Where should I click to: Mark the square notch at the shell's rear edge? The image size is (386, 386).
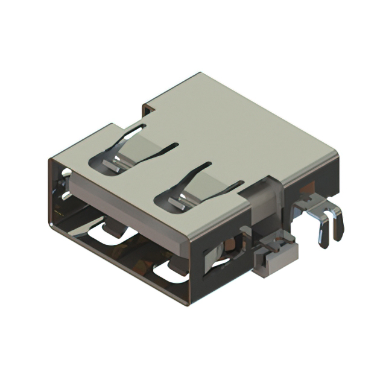pos(148,109)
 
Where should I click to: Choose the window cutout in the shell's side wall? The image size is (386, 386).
pos(220,254)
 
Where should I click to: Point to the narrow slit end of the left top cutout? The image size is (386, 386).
pos(175,144)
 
